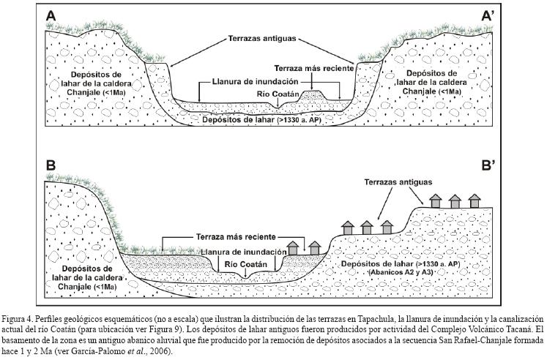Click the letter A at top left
[52, 16]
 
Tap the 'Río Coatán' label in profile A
[276, 92]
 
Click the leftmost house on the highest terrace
[435, 200]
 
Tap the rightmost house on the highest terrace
[475, 200]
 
